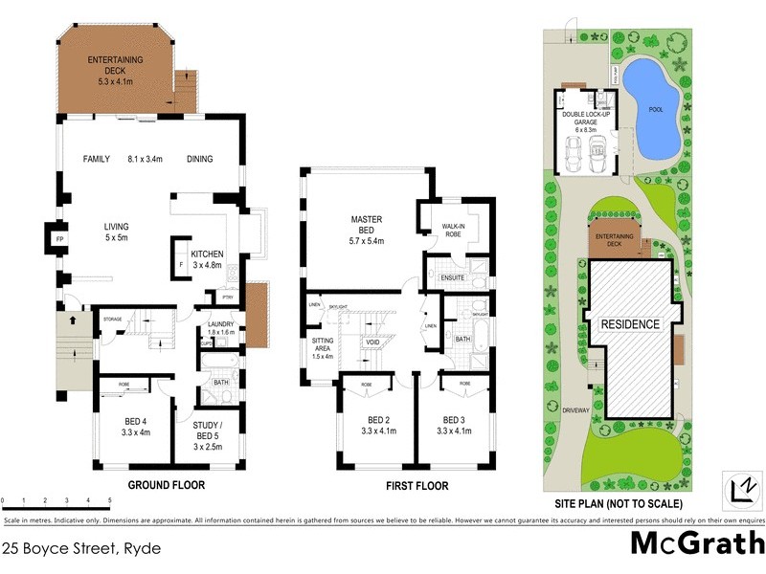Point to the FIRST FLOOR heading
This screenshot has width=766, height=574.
click(x=417, y=486)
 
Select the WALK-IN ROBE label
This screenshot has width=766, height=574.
click(x=453, y=230)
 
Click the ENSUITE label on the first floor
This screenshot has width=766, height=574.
click(x=452, y=278)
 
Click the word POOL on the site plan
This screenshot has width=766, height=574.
click(x=655, y=109)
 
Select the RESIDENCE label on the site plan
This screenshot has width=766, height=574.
click(x=630, y=324)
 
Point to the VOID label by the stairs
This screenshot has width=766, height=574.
click(x=373, y=342)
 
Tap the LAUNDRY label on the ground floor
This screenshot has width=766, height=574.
click(x=220, y=326)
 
